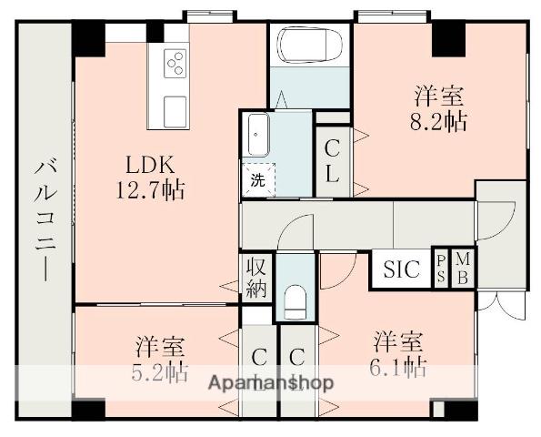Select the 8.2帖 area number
[x=442, y=120]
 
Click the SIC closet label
[x=401, y=269]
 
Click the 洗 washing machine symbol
[x=258, y=178]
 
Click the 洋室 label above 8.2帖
[x=442, y=95]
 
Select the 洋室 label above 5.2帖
[x=161, y=347]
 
